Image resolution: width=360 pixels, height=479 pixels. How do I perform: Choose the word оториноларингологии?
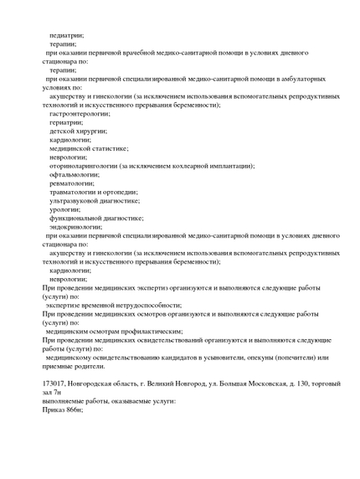tap(84, 166)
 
